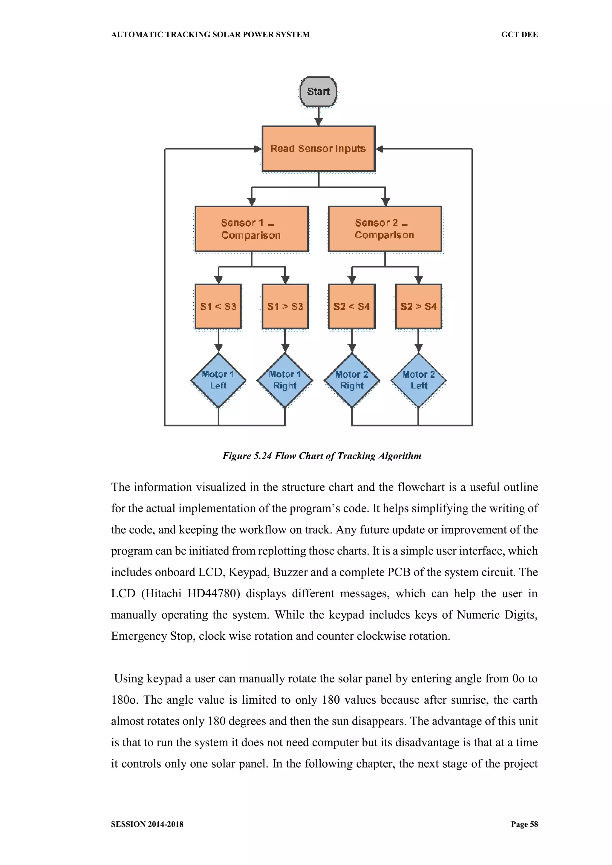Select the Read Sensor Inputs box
319,149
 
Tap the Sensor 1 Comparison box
251,229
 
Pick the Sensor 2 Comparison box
385,229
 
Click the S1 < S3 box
218,306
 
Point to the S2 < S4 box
352,306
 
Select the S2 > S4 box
418,306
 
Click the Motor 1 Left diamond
218,380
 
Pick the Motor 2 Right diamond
352,380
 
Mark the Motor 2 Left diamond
418,380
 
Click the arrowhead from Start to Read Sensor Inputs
319,122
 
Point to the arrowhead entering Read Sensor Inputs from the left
258,149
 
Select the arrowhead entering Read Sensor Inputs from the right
380,149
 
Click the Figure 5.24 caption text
322,456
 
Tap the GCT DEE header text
519,35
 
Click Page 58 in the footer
524,824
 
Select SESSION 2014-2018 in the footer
147,824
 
